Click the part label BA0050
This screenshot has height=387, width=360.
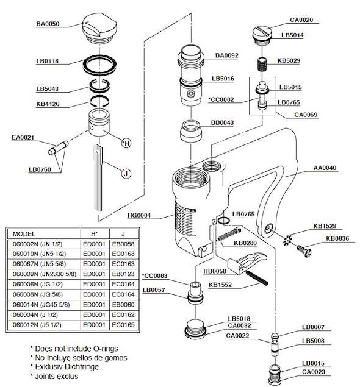(x=48, y=24)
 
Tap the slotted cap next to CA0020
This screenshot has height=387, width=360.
(x=262, y=36)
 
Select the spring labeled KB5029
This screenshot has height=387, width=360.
(x=262, y=64)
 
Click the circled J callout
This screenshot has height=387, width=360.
(x=126, y=174)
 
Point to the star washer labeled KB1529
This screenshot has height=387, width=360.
(x=287, y=240)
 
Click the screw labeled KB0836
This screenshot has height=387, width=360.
(x=304, y=251)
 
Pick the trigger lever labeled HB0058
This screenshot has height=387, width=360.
(x=247, y=263)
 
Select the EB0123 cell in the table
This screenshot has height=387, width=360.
(x=123, y=274)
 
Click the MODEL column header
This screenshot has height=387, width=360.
(x=24, y=234)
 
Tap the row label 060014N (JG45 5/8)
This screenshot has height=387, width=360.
(x=41, y=305)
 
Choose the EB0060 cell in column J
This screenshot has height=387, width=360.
(x=123, y=305)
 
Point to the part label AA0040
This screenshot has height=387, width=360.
(x=325, y=168)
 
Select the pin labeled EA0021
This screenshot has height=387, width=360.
(x=59, y=148)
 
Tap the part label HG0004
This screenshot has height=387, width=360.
(x=139, y=215)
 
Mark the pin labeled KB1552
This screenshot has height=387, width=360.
(x=257, y=278)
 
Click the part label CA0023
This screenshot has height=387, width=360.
(x=313, y=372)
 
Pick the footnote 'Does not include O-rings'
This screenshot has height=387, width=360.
(x=76, y=349)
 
